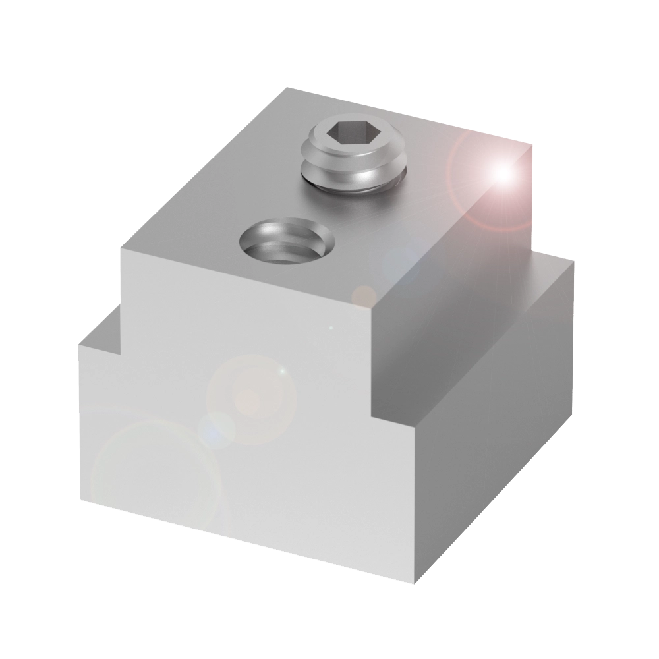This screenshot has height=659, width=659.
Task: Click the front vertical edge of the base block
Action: coord(415,501)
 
